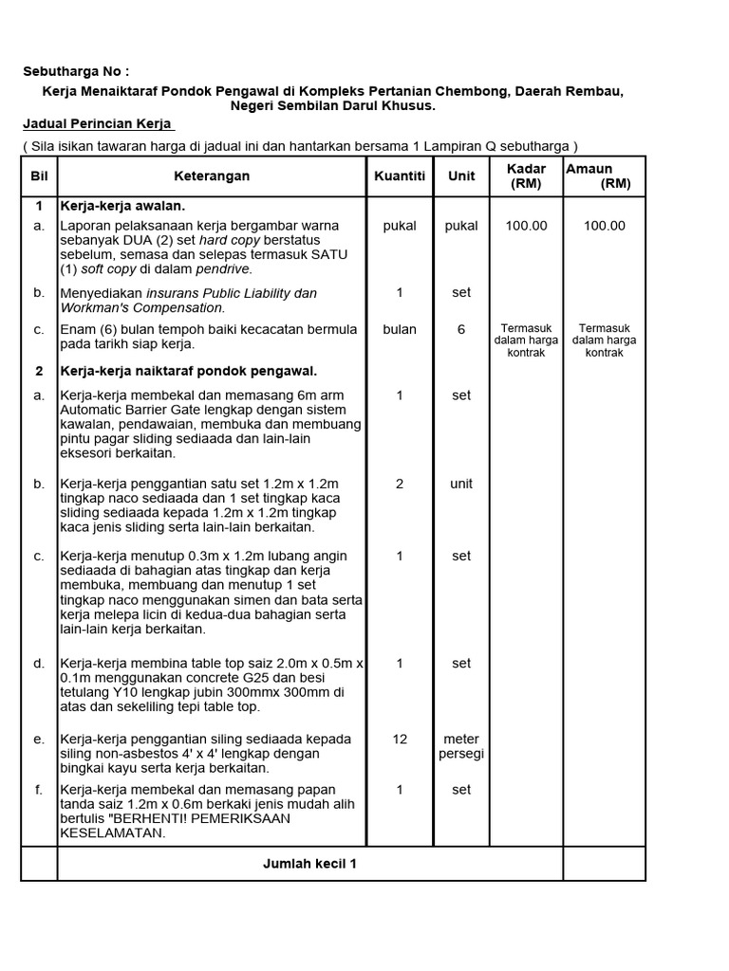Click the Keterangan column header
tap(212, 177)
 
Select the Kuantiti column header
tap(400, 177)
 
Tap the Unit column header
tap(461, 177)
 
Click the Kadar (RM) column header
tap(526, 176)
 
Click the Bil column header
tap(39, 177)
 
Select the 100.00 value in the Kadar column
tap(526, 226)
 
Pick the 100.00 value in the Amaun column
tap(605, 226)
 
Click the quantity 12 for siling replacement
tap(400, 739)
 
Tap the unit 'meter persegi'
tap(461, 746)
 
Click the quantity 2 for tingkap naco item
tap(400, 484)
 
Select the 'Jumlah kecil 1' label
tap(309, 864)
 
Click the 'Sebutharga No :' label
tap(75, 72)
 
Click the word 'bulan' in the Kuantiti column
tap(400, 329)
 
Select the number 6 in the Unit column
tap(461, 329)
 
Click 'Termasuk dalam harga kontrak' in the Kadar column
tap(526, 339)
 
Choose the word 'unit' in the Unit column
tap(461, 484)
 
